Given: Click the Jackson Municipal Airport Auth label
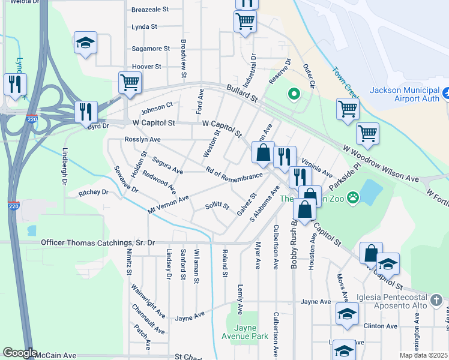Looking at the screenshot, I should [405, 95].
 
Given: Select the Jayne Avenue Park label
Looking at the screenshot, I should [243, 332].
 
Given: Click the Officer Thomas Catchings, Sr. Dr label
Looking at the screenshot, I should [97, 243].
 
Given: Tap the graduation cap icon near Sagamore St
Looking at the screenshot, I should [85, 43].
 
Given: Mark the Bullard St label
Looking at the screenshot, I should [242, 92].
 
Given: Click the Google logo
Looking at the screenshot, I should [19, 353].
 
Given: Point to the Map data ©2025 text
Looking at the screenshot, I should [423, 355].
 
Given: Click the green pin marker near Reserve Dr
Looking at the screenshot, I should [294, 94].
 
